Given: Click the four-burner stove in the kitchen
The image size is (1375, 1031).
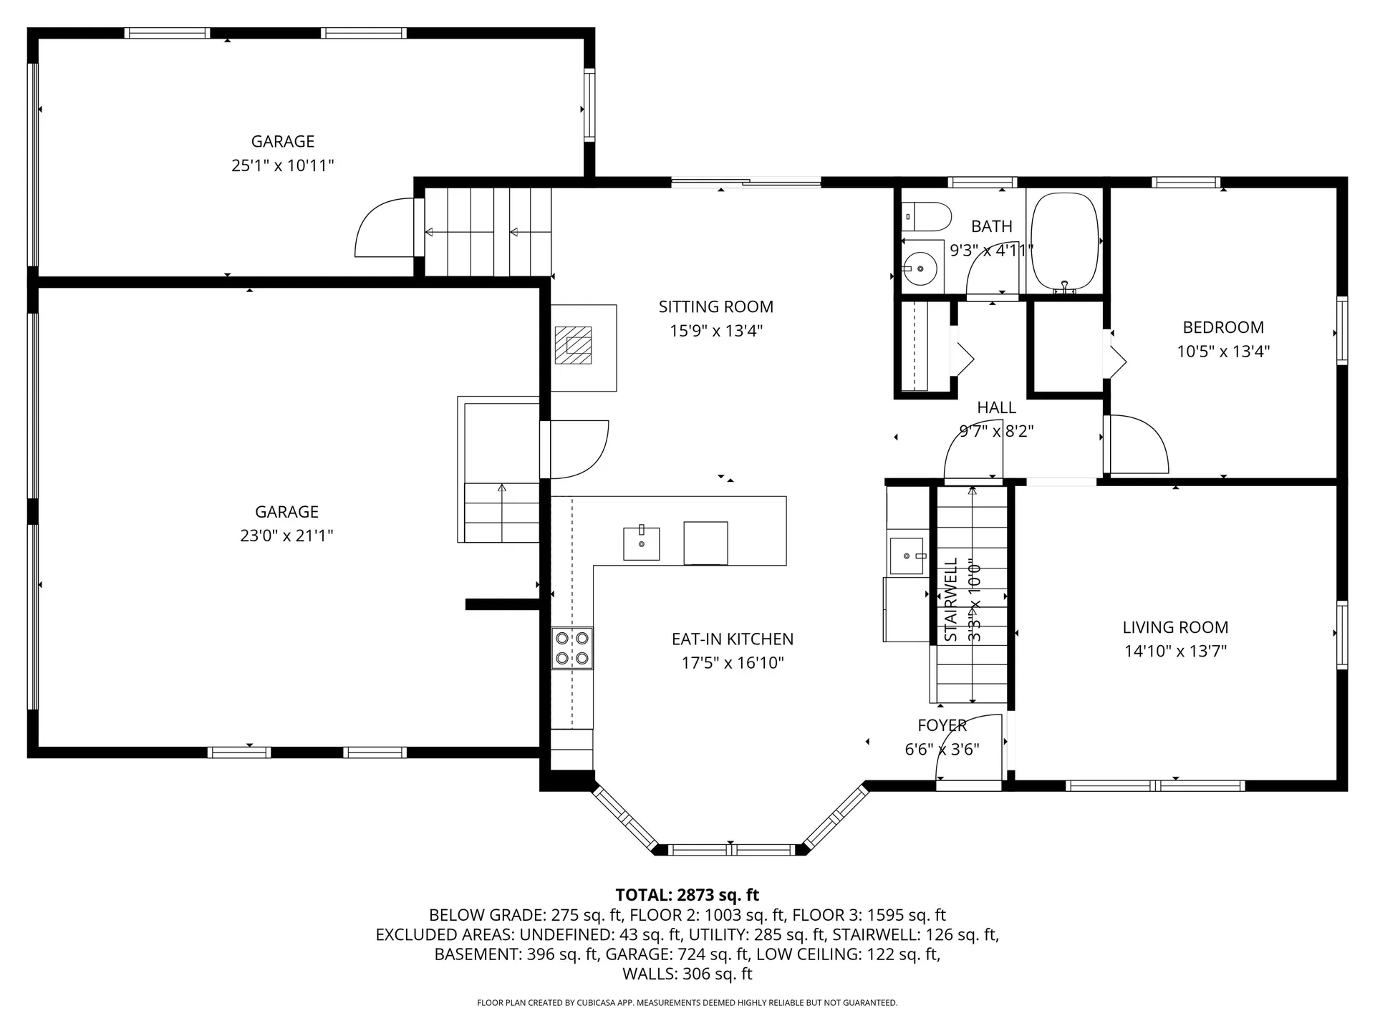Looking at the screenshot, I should click(572, 648).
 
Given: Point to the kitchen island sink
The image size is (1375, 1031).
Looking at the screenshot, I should click(641, 543).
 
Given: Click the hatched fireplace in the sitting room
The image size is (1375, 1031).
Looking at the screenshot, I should click(574, 345).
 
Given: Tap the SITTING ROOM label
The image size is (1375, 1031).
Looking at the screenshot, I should click(715, 307).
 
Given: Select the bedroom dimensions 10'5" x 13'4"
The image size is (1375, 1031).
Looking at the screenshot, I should click(1223, 352).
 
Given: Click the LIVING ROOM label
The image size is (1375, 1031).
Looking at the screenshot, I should click(1175, 627).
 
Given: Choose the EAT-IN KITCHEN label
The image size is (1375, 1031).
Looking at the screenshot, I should click(732, 639).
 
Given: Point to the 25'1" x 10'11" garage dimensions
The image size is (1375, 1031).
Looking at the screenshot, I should click(282, 166).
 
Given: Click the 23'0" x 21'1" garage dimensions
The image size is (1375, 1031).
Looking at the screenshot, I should click(286, 536).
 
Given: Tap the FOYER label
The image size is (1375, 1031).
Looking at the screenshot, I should click(942, 725).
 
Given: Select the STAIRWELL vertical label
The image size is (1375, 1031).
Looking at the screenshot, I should click(951, 599).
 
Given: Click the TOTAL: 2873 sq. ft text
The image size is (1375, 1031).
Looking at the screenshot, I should click(687, 895).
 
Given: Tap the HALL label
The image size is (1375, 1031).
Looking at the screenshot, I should click(996, 407).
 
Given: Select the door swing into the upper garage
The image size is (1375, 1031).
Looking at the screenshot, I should click(383, 229).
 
